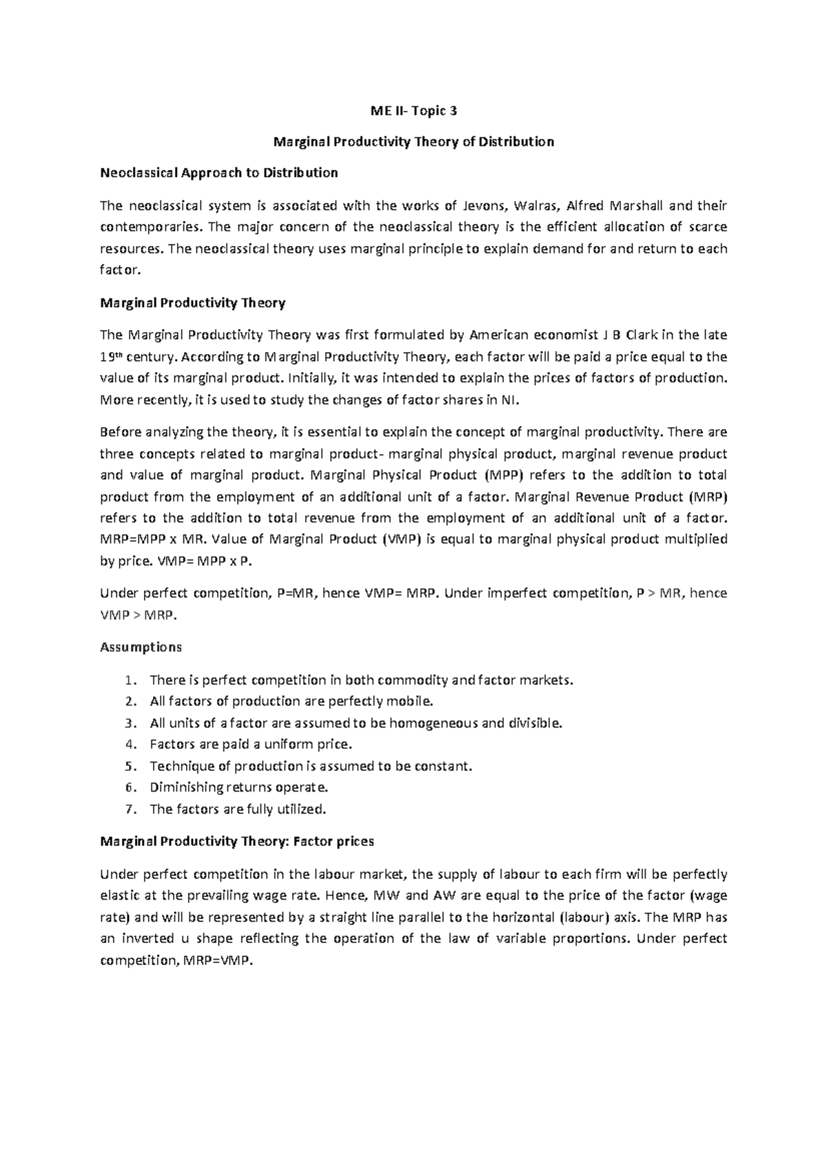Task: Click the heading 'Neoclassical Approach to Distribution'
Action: pyautogui.click(x=219, y=172)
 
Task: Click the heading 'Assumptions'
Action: pyautogui.click(x=141, y=647)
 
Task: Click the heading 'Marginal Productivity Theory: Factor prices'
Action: pyautogui.click(x=237, y=841)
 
